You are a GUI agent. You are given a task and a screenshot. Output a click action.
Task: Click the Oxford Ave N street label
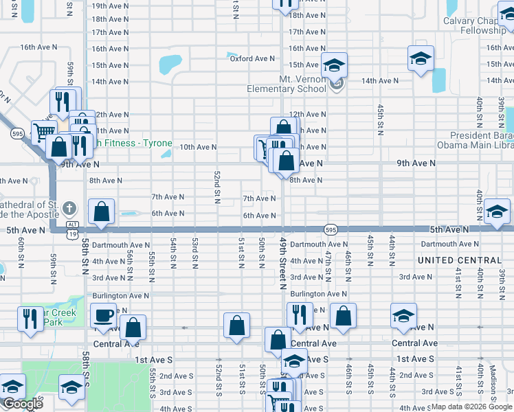(252, 59)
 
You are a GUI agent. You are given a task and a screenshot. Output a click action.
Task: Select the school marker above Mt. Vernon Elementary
(335, 66)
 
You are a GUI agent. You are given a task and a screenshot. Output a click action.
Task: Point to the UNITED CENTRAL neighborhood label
(460, 261)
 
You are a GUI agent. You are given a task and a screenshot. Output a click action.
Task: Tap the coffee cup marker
(103, 316)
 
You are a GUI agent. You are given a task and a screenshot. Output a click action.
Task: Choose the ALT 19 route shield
(72, 228)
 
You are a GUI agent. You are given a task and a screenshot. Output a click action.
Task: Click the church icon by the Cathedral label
(69, 207)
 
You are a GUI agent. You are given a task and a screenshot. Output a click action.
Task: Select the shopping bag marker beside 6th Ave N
(102, 213)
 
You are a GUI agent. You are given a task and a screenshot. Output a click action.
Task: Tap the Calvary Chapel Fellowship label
(478, 25)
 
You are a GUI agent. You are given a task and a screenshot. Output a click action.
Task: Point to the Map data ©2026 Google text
(471, 407)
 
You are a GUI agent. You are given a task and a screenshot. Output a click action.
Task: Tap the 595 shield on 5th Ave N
(331, 229)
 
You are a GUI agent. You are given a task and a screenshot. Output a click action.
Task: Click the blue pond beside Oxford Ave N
(170, 65)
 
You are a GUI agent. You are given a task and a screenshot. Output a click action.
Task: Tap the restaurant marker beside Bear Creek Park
(30, 319)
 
